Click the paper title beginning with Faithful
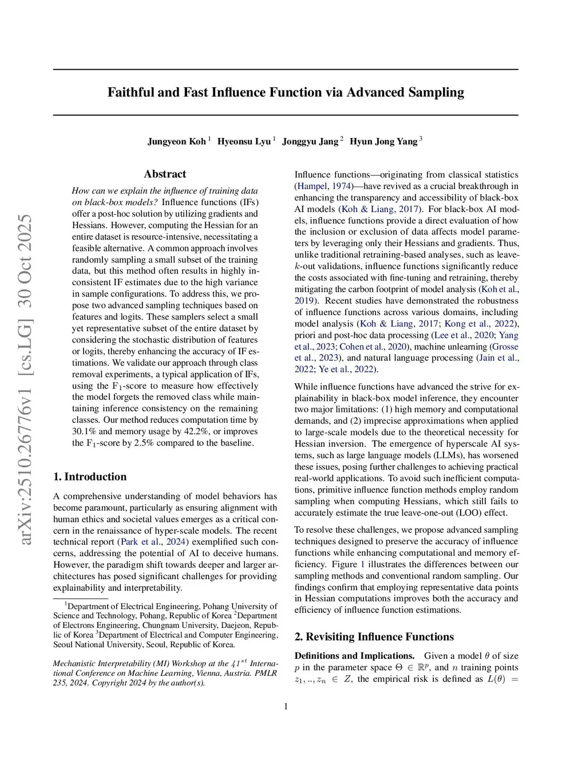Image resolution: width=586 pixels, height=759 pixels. pyautogui.click(x=286, y=92)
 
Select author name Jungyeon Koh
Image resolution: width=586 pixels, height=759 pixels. pyautogui.click(x=176, y=141)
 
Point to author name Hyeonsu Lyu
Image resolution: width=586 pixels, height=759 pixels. pyautogui.click(x=244, y=141)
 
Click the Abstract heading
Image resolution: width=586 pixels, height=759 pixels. pyautogui.click(x=165, y=174)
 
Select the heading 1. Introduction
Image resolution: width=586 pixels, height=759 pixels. pyautogui.click(x=90, y=477)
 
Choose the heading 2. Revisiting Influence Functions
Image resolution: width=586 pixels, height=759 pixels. pyautogui.click(x=374, y=637)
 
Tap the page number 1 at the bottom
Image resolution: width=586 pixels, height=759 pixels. pyautogui.click(x=286, y=706)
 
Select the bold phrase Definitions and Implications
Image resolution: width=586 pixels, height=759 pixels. pyautogui.click(x=354, y=656)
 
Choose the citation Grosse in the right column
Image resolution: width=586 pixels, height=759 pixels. pyautogui.click(x=505, y=347)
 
